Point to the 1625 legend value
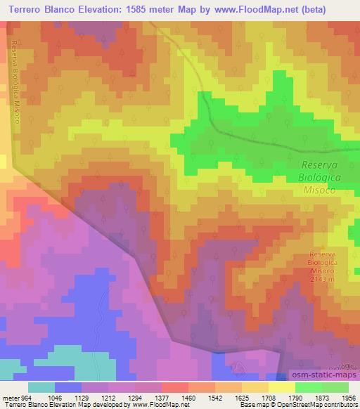[255, 397]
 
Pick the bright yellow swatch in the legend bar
[281, 387]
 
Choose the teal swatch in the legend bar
[42, 387]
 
